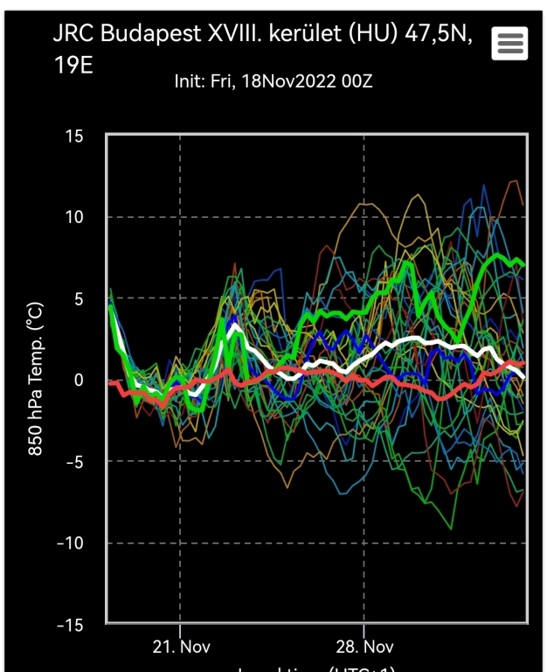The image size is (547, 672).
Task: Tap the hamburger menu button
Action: (509, 43)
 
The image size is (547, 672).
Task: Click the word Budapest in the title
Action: (141, 34)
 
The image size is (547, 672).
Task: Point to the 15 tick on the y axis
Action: (74, 136)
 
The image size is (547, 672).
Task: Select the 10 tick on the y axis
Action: (74, 217)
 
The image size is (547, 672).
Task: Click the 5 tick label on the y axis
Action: (79, 298)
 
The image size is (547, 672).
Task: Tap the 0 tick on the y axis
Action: (79, 380)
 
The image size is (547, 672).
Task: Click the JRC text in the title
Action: (73, 34)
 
